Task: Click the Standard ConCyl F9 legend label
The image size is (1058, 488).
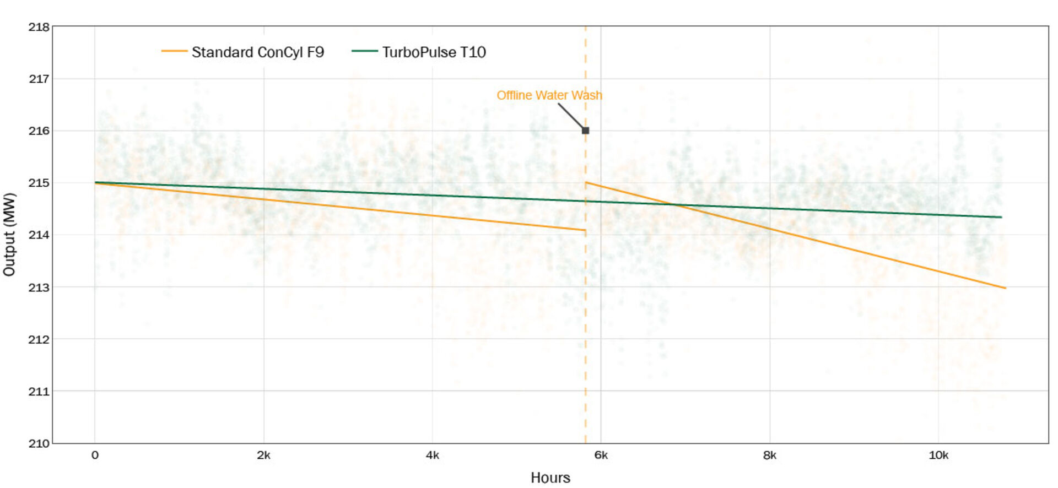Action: (x=257, y=52)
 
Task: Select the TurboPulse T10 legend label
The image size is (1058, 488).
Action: (x=434, y=52)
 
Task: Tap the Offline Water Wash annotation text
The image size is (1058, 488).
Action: (x=549, y=95)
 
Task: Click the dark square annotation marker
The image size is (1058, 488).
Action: (x=585, y=131)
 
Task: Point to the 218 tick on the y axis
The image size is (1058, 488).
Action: (x=39, y=27)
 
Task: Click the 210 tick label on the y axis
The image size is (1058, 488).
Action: (x=39, y=443)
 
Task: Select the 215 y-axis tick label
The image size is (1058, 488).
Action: (x=39, y=183)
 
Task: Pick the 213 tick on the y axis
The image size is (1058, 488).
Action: (x=39, y=288)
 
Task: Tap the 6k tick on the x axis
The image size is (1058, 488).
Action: (x=601, y=456)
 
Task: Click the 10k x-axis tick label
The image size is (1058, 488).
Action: (x=938, y=456)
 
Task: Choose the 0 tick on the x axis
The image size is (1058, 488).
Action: (x=95, y=456)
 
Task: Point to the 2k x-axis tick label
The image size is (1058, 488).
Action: (x=263, y=456)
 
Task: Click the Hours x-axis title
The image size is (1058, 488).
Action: (x=550, y=478)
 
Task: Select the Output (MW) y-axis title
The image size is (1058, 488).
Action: (x=9, y=234)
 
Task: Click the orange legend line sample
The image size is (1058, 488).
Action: (x=174, y=51)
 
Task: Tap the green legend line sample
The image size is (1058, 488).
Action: (x=364, y=51)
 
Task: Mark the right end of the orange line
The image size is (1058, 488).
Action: (x=1006, y=288)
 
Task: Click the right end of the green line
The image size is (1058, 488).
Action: (x=1001, y=217)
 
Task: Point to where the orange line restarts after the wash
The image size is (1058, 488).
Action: (x=586, y=182)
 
